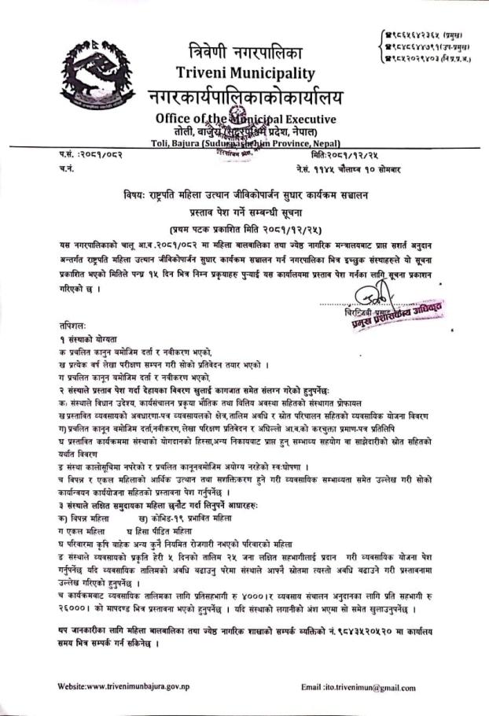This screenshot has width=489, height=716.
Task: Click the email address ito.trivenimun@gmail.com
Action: (x=369, y=687)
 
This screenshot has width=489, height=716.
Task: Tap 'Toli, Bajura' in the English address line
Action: (x=176, y=143)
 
